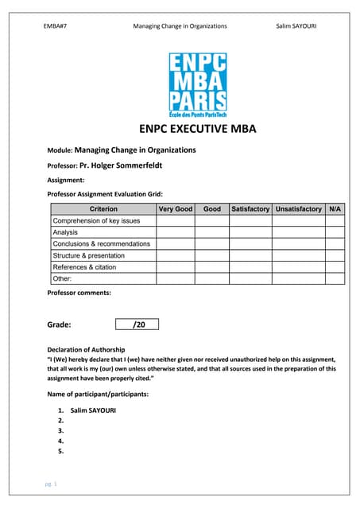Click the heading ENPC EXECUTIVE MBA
pyautogui.click(x=197, y=131)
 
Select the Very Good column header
pyautogui.click(x=176, y=209)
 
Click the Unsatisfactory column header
pyautogui.click(x=299, y=209)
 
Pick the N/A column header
pyautogui.click(x=335, y=209)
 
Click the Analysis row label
pyautogui.click(x=65, y=232)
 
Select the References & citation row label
pyautogui.click(x=84, y=267)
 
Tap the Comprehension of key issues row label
pyautogui.click(x=96, y=220)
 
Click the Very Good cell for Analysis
pyautogui.click(x=176, y=232)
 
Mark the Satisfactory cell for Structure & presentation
pyautogui.click(x=250, y=255)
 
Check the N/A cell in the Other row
pyautogui.click(x=335, y=278)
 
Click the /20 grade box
pyautogui.click(x=138, y=324)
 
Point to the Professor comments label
pyautogui.click(x=79, y=293)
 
